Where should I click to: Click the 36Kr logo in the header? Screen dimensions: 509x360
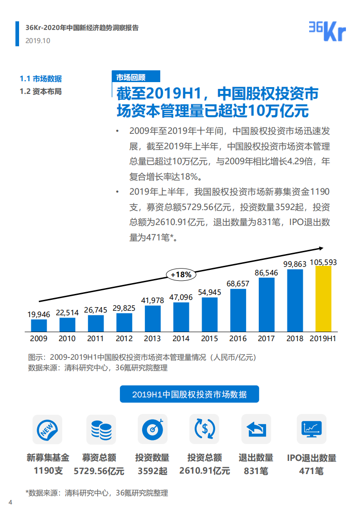(x=327, y=31)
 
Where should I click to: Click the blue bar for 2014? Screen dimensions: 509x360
(x=181, y=317)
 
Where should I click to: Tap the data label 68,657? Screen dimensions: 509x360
(x=238, y=284)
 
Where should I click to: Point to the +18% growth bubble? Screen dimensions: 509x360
(x=181, y=274)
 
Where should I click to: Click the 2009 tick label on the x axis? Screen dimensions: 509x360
(x=39, y=338)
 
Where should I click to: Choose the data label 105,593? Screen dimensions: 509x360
(x=323, y=262)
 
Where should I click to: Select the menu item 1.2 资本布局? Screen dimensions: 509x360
(x=40, y=91)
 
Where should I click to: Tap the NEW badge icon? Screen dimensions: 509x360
(x=47, y=429)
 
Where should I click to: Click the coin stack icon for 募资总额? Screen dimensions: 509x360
(x=101, y=429)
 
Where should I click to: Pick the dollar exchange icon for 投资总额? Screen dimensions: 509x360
(x=204, y=429)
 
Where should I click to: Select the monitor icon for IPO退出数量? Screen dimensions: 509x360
(x=311, y=429)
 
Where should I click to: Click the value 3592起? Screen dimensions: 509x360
(x=153, y=471)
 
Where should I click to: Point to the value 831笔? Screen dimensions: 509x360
(x=256, y=471)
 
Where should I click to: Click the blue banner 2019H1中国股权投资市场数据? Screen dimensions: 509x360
(x=189, y=394)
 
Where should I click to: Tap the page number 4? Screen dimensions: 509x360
(x=10, y=502)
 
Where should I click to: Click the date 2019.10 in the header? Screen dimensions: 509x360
(x=38, y=40)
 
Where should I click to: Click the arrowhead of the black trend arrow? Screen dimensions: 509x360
(x=321, y=248)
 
